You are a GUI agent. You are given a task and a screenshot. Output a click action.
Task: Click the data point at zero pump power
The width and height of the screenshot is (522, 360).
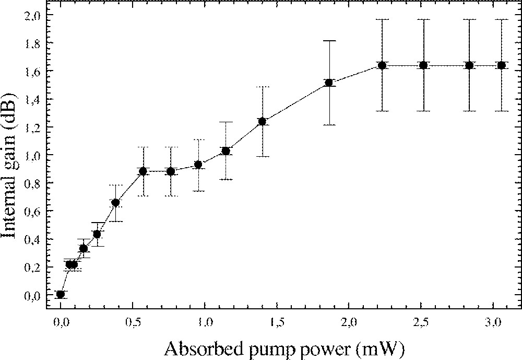[x=61, y=294]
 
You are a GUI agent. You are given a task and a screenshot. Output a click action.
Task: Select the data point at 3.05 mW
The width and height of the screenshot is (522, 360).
[x=502, y=65]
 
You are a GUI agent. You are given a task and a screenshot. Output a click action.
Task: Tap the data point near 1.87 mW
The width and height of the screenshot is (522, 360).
[x=329, y=83]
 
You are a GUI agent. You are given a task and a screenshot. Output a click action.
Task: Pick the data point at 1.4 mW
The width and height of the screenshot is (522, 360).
[x=262, y=122]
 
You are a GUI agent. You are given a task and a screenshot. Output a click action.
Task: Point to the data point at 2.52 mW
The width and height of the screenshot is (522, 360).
[x=423, y=65]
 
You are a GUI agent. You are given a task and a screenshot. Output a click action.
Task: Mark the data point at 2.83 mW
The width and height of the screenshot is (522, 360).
[x=469, y=65]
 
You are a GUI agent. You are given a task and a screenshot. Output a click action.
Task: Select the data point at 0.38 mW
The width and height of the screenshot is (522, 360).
[x=116, y=203]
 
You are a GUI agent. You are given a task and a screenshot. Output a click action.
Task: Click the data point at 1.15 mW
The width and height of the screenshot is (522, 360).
[x=226, y=151]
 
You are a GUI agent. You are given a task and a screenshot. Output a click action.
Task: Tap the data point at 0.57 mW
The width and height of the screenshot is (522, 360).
[x=143, y=171]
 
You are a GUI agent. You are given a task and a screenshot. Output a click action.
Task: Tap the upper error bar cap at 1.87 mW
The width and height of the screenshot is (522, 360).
[x=329, y=41]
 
